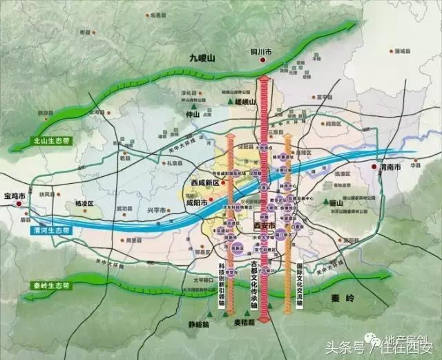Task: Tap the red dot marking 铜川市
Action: tap(262, 61)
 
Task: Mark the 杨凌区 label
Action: tap(84, 205)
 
